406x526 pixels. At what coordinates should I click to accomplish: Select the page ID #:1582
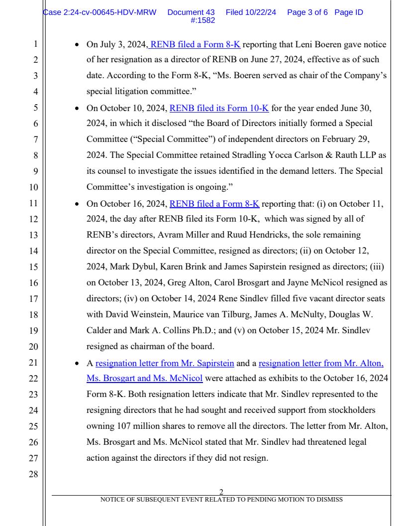203,20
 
